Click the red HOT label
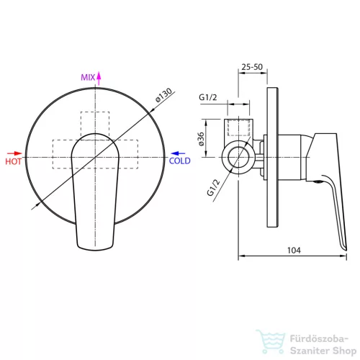13,161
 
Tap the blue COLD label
180,161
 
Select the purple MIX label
88,77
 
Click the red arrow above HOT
14,153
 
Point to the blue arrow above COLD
178,153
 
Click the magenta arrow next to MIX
99,78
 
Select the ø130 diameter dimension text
163,95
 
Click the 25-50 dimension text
252,67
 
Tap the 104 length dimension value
294,251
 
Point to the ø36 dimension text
201,139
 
